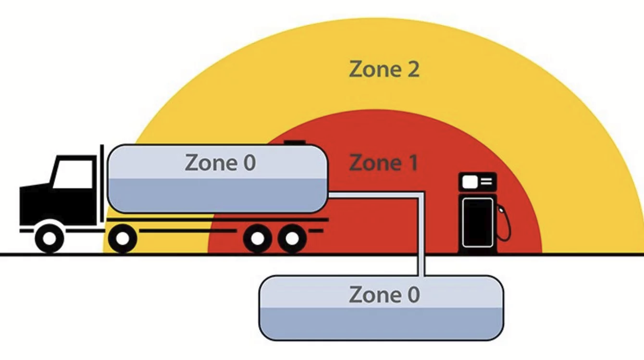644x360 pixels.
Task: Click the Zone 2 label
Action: (384, 69)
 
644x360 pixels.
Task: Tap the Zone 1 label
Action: (384, 163)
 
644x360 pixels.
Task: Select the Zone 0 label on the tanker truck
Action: (221, 163)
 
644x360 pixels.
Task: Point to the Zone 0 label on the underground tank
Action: (384, 294)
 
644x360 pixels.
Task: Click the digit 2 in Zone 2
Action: (412, 69)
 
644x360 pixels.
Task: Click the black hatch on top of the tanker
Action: (294, 142)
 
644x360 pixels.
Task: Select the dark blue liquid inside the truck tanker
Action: (216, 195)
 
